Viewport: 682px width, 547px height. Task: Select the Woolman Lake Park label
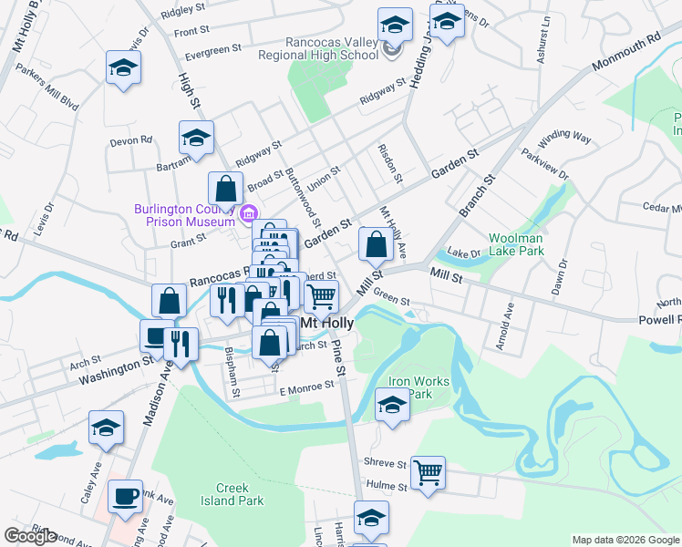pos(516,243)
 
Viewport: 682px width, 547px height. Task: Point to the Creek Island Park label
pos(232,494)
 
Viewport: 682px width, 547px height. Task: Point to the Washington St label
pos(115,369)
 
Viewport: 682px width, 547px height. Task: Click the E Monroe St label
pos(307,387)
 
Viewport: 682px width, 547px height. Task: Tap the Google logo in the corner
pos(30,535)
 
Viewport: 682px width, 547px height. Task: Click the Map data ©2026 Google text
pos(625,540)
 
